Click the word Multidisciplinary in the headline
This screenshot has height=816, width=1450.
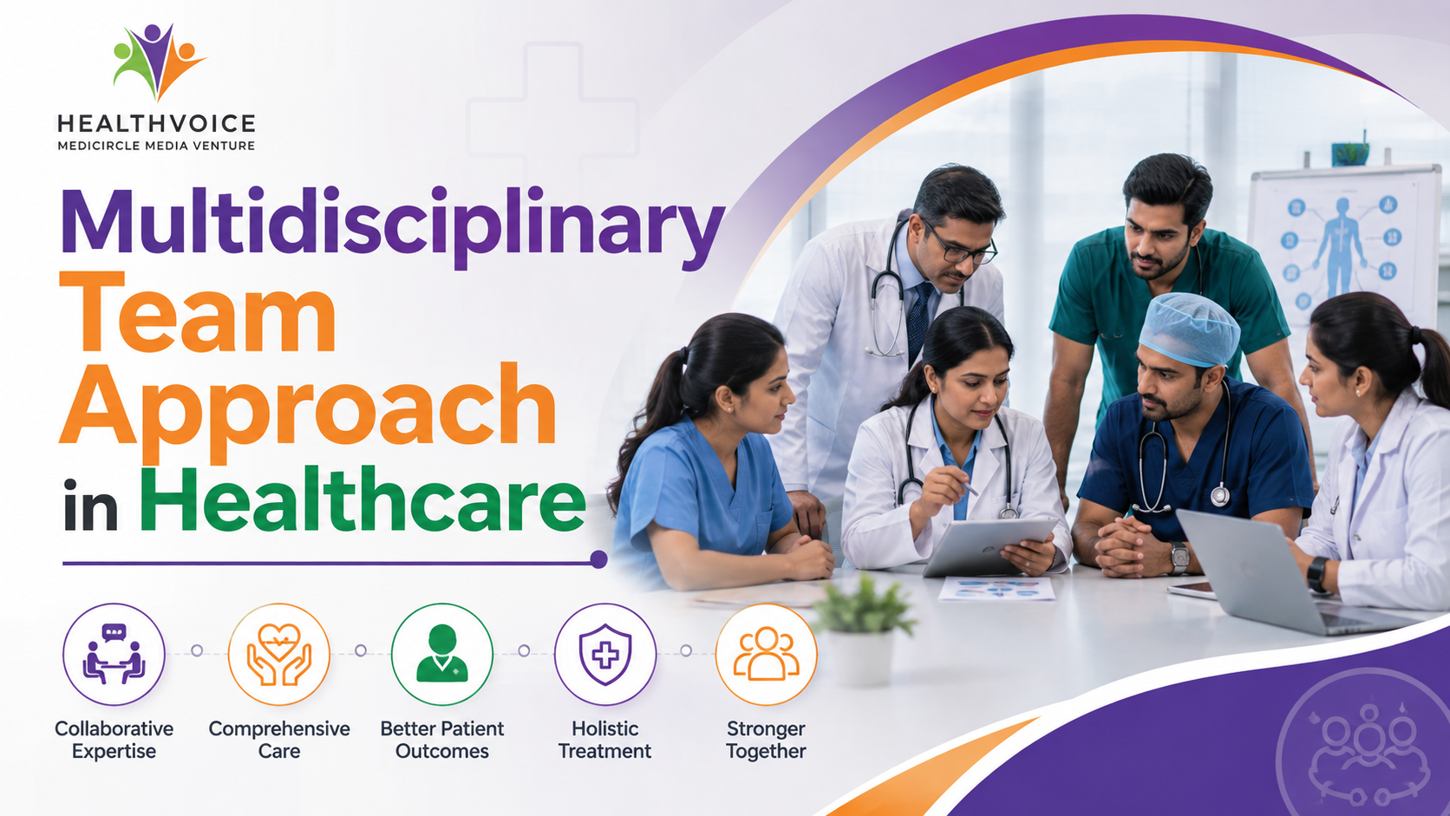click(392, 228)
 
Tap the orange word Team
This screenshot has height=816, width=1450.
click(198, 312)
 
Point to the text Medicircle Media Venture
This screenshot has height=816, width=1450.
click(156, 146)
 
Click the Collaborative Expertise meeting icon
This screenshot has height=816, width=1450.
click(114, 654)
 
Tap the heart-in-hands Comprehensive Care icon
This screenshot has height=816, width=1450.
click(279, 654)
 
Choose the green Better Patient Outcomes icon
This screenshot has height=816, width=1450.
click(442, 654)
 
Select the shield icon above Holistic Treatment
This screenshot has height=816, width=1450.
click(605, 654)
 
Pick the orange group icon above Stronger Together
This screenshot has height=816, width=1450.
click(767, 654)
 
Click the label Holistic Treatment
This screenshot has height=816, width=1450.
click(605, 740)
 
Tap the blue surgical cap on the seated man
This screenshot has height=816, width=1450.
click(1189, 330)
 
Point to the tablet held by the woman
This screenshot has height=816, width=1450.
click(990, 547)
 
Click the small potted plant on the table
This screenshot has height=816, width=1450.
click(862, 631)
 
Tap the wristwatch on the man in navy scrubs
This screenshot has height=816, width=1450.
click(1179, 558)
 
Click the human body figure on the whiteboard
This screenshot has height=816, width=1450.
click(1342, 247)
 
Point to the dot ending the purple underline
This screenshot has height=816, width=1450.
click(598, 559)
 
